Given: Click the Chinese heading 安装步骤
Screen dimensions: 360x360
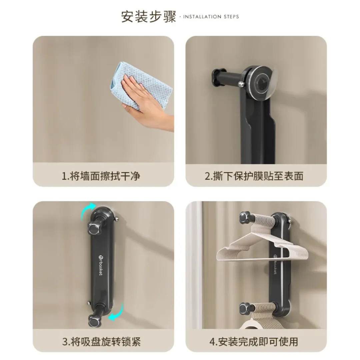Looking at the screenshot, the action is point(149,17).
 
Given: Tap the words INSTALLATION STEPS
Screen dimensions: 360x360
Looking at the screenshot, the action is point(211,17).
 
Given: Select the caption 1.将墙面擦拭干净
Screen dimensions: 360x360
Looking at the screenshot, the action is point(101,176).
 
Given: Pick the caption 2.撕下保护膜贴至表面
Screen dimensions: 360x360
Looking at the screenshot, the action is point(254,176).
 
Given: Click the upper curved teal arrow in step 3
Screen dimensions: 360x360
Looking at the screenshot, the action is point(88,210).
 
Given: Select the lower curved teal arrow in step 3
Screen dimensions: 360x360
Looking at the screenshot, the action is point(116,313).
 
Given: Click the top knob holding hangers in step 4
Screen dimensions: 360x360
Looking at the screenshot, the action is point(245,217).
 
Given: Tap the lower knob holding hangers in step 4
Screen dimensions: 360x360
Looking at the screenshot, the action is point(245,308).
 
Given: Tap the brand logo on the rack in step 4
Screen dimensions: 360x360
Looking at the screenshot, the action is point(275,264).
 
